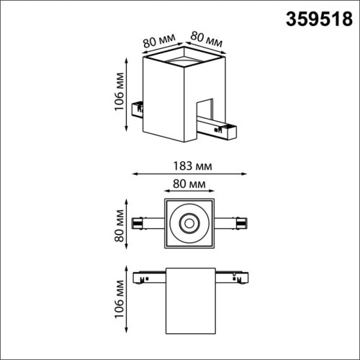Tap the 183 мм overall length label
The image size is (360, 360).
point(190,166)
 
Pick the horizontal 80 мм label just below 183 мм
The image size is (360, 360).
point(190,185)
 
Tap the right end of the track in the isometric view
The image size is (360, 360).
point(230,131)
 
